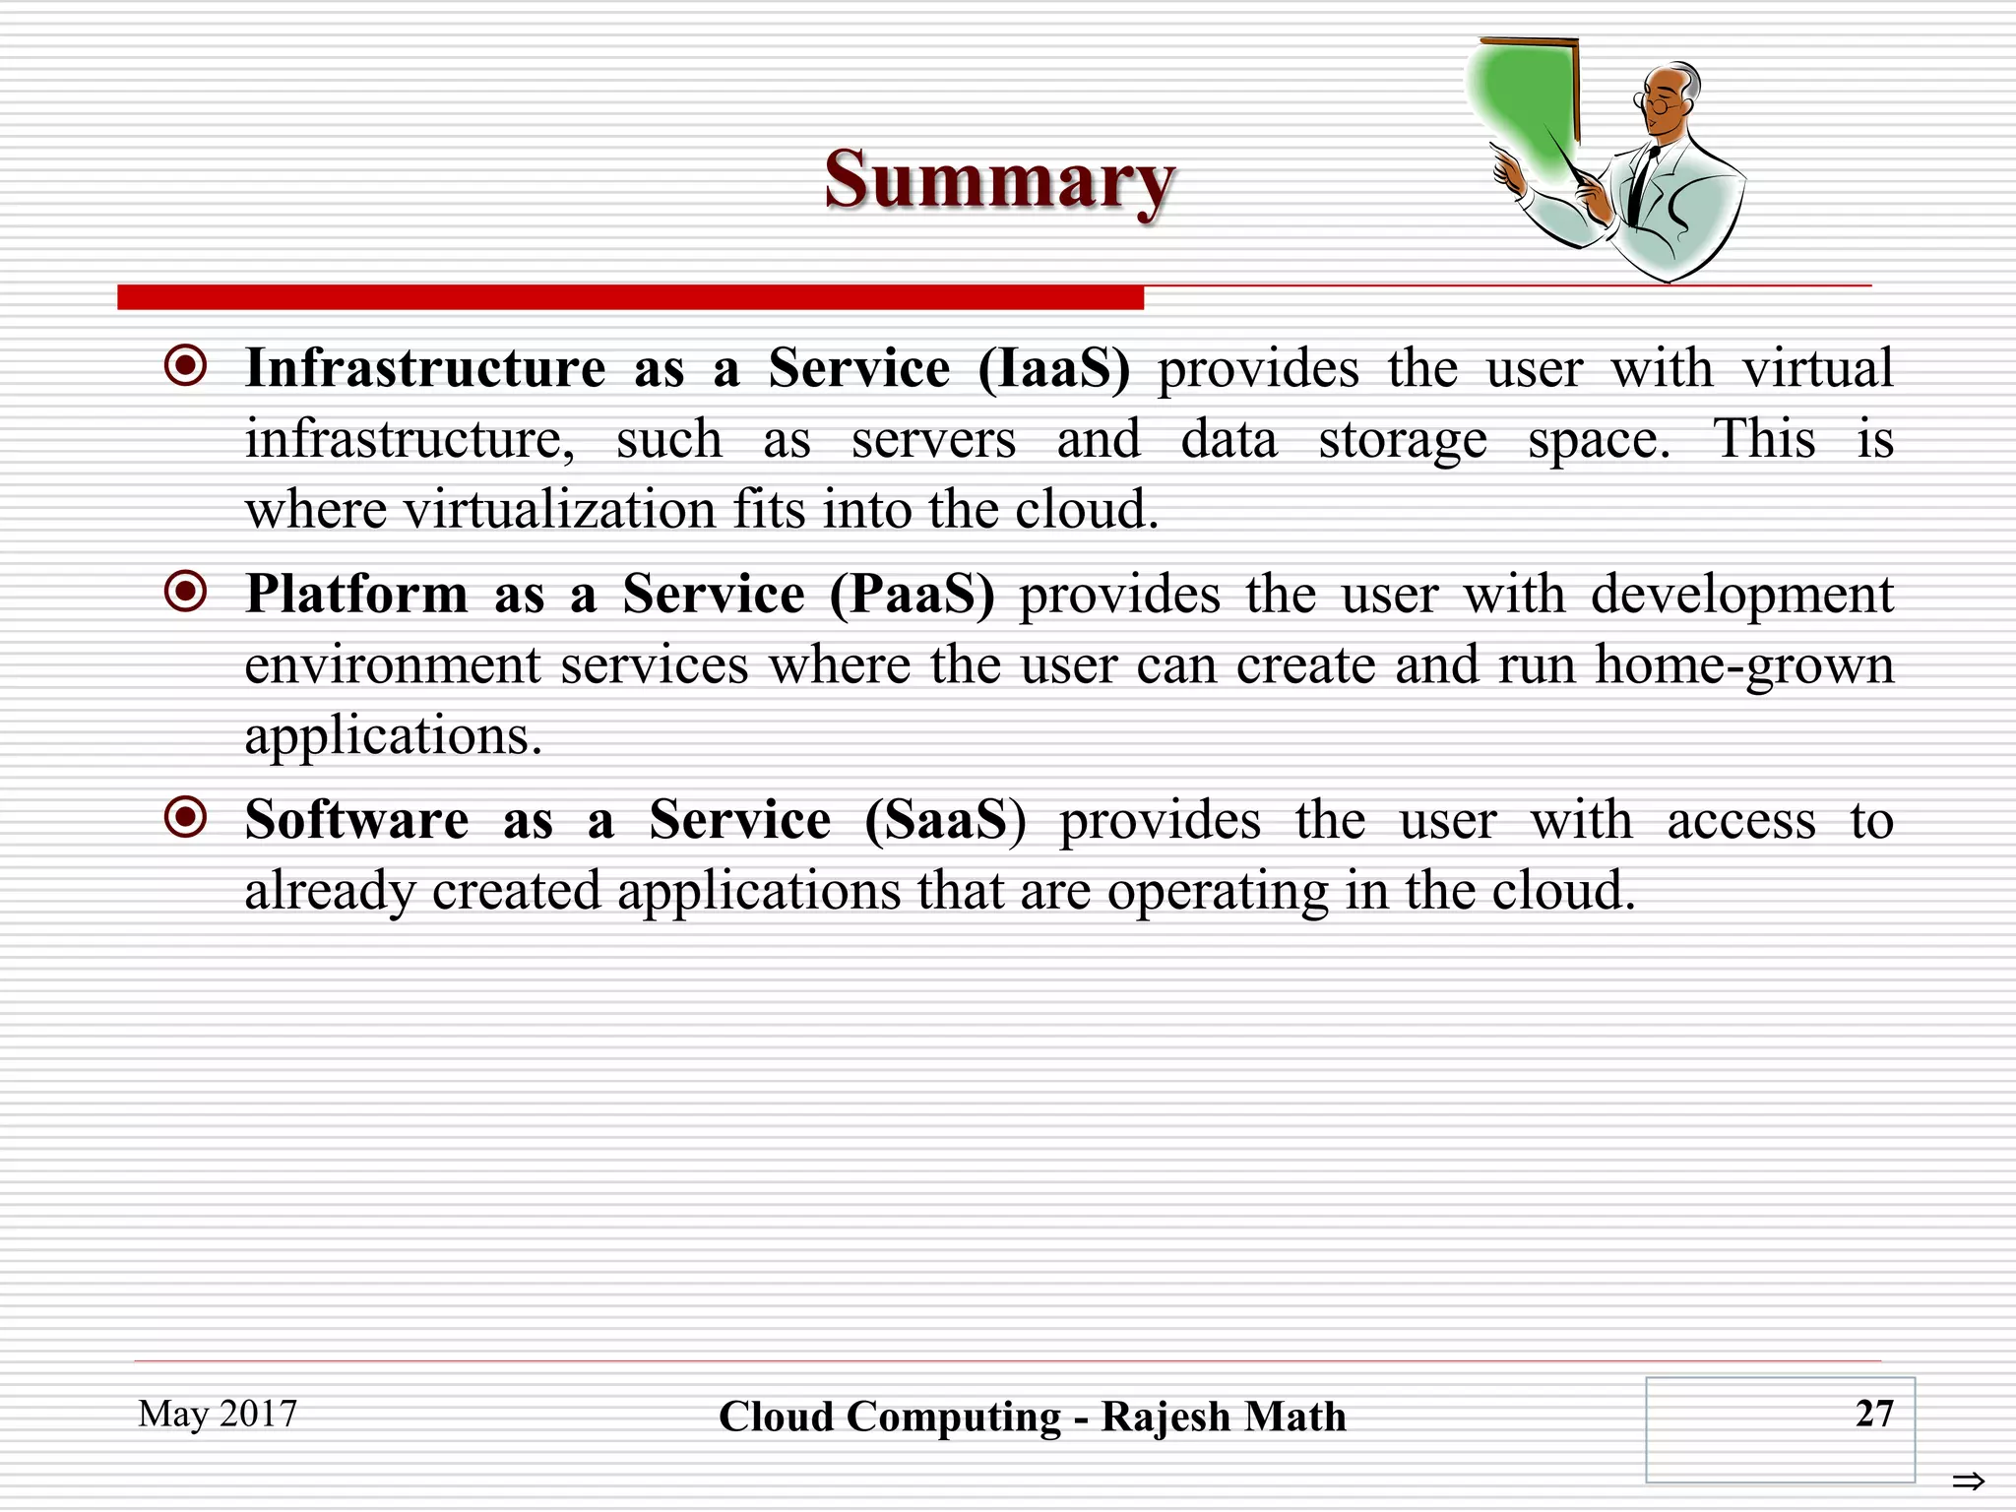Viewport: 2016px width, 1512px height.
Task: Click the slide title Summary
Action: click(999, 180)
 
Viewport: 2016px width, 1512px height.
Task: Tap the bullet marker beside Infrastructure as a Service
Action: click(186, 366)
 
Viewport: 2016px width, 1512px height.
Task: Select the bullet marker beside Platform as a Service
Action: click(186, 592)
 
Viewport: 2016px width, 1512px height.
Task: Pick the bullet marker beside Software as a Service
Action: click(186, 817)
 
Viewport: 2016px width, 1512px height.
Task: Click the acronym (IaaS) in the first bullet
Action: click(1054, 369)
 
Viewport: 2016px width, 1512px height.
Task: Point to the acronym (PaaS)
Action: click(912, 595)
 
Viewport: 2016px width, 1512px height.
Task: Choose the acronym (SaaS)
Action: click(945, 820)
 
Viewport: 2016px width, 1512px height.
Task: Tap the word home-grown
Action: click(1744, 665)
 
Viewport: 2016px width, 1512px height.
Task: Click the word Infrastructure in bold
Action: click(425, 369)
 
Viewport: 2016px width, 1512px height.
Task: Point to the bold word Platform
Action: click(356, 595)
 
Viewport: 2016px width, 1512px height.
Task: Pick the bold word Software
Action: click(356, 820)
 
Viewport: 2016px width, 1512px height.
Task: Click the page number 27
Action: click(1873, 1414)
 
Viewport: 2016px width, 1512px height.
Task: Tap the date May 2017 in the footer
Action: click(218, 1414)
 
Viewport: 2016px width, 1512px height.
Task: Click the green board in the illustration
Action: click(1521, 103)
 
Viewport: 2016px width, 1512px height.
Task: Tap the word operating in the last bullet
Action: click(1217, 892)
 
